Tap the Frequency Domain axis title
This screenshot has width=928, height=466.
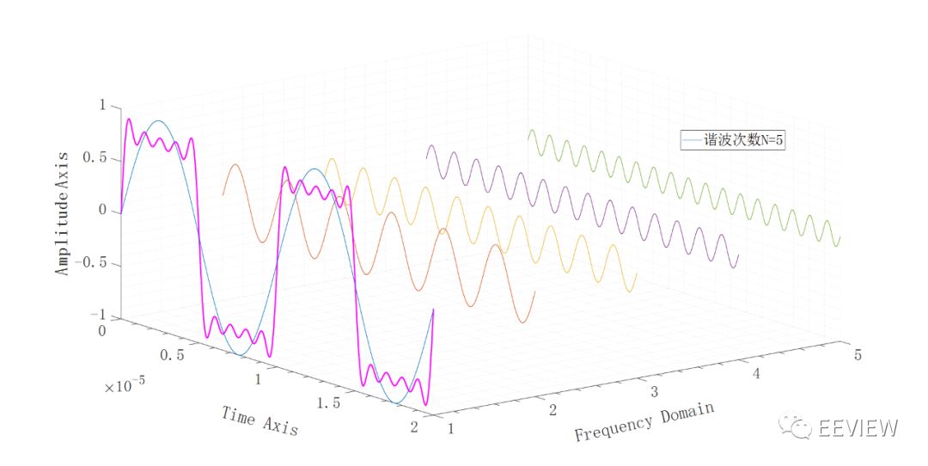tap(644, 421)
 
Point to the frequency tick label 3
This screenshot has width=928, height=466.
tap(655, 392)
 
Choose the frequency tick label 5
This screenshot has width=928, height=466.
tap(857, 353)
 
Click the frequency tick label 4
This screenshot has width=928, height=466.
tap(756, 373)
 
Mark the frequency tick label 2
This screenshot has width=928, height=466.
tap(553, 410)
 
